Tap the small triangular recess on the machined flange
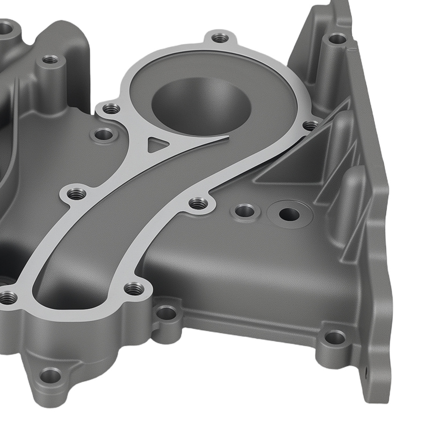click(x=155, y=144)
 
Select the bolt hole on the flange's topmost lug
click(x=221, y=38)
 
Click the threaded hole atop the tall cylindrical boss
click(x=50, y=59)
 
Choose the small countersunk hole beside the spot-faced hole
click(x=245, y=211)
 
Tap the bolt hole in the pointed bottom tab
click(x=51, y=376)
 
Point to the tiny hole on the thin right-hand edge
click(x=367, y=371)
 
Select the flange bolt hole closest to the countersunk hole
click(x=198, y=203)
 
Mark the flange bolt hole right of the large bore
click(x=310, y=125)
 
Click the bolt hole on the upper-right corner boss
click(x=337, y=39)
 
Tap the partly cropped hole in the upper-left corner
click(x=5, y=28)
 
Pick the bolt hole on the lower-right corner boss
click(x=335, y=338)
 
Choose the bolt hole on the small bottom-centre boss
click(x=166, y=313)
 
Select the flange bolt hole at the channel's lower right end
click(x=134, y=289)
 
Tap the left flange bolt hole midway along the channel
click(x=77, y=193)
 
